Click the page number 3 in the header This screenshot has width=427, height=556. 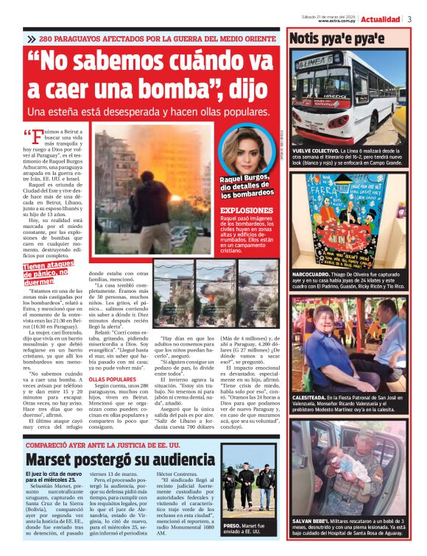click(409, 19)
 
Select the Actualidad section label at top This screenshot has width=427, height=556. click(381, 19)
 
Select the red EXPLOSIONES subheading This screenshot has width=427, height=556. click(247, 210)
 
